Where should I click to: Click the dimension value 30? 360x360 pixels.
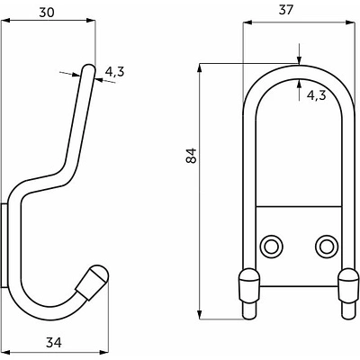(x=47, y=13)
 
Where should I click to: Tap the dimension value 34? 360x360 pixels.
(x=54, y=342)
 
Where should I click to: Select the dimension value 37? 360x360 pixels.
(x=285, y=10)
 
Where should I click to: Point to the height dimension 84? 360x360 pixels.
(x=191, y=156)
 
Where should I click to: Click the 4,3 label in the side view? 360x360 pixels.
(x=114, y=72)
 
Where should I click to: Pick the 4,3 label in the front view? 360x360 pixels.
(x=316, y=95)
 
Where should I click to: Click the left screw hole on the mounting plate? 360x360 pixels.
(x=272, y=247)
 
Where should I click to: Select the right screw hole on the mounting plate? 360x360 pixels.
(x=327, y=247)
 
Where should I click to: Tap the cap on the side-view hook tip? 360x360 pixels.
(x=94, y=282)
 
